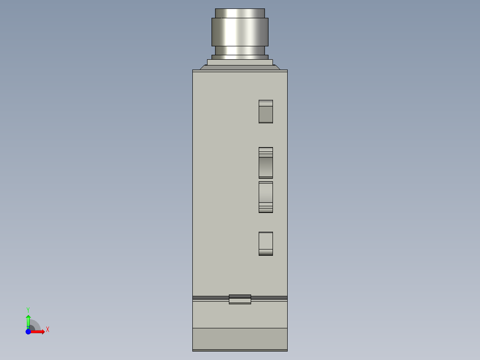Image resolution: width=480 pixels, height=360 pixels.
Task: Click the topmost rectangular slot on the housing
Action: click(266, 111)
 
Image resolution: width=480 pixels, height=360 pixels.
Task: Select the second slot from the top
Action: click(266, 163)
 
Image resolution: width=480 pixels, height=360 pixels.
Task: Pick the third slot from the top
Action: click(266, 197)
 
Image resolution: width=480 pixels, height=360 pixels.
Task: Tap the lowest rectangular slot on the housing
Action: click(266, 244)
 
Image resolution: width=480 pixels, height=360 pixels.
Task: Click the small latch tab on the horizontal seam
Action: click(240, 299)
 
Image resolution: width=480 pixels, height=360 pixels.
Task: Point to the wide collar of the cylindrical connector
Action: click(240, 32)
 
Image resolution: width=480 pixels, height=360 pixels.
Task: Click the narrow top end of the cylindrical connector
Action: click(240, 13)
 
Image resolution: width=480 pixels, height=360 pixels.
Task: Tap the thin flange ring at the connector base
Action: click(240, 57)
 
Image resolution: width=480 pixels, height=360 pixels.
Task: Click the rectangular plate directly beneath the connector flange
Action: click(240, 62)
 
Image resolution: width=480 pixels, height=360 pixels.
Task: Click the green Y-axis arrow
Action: click(28, 320)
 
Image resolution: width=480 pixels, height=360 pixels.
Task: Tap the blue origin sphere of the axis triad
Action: click(28, 331)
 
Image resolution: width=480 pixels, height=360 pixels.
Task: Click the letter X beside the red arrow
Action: click(48, 330)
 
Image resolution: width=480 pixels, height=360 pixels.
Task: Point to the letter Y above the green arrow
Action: click(28, 310)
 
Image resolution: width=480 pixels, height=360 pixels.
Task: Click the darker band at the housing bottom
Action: click(240, 339)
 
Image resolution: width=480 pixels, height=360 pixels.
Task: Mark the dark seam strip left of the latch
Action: click(210, 297)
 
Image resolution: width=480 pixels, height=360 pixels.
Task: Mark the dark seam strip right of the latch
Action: click(269, 297)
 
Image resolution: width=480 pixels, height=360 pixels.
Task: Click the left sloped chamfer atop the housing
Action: click(203, 67)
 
